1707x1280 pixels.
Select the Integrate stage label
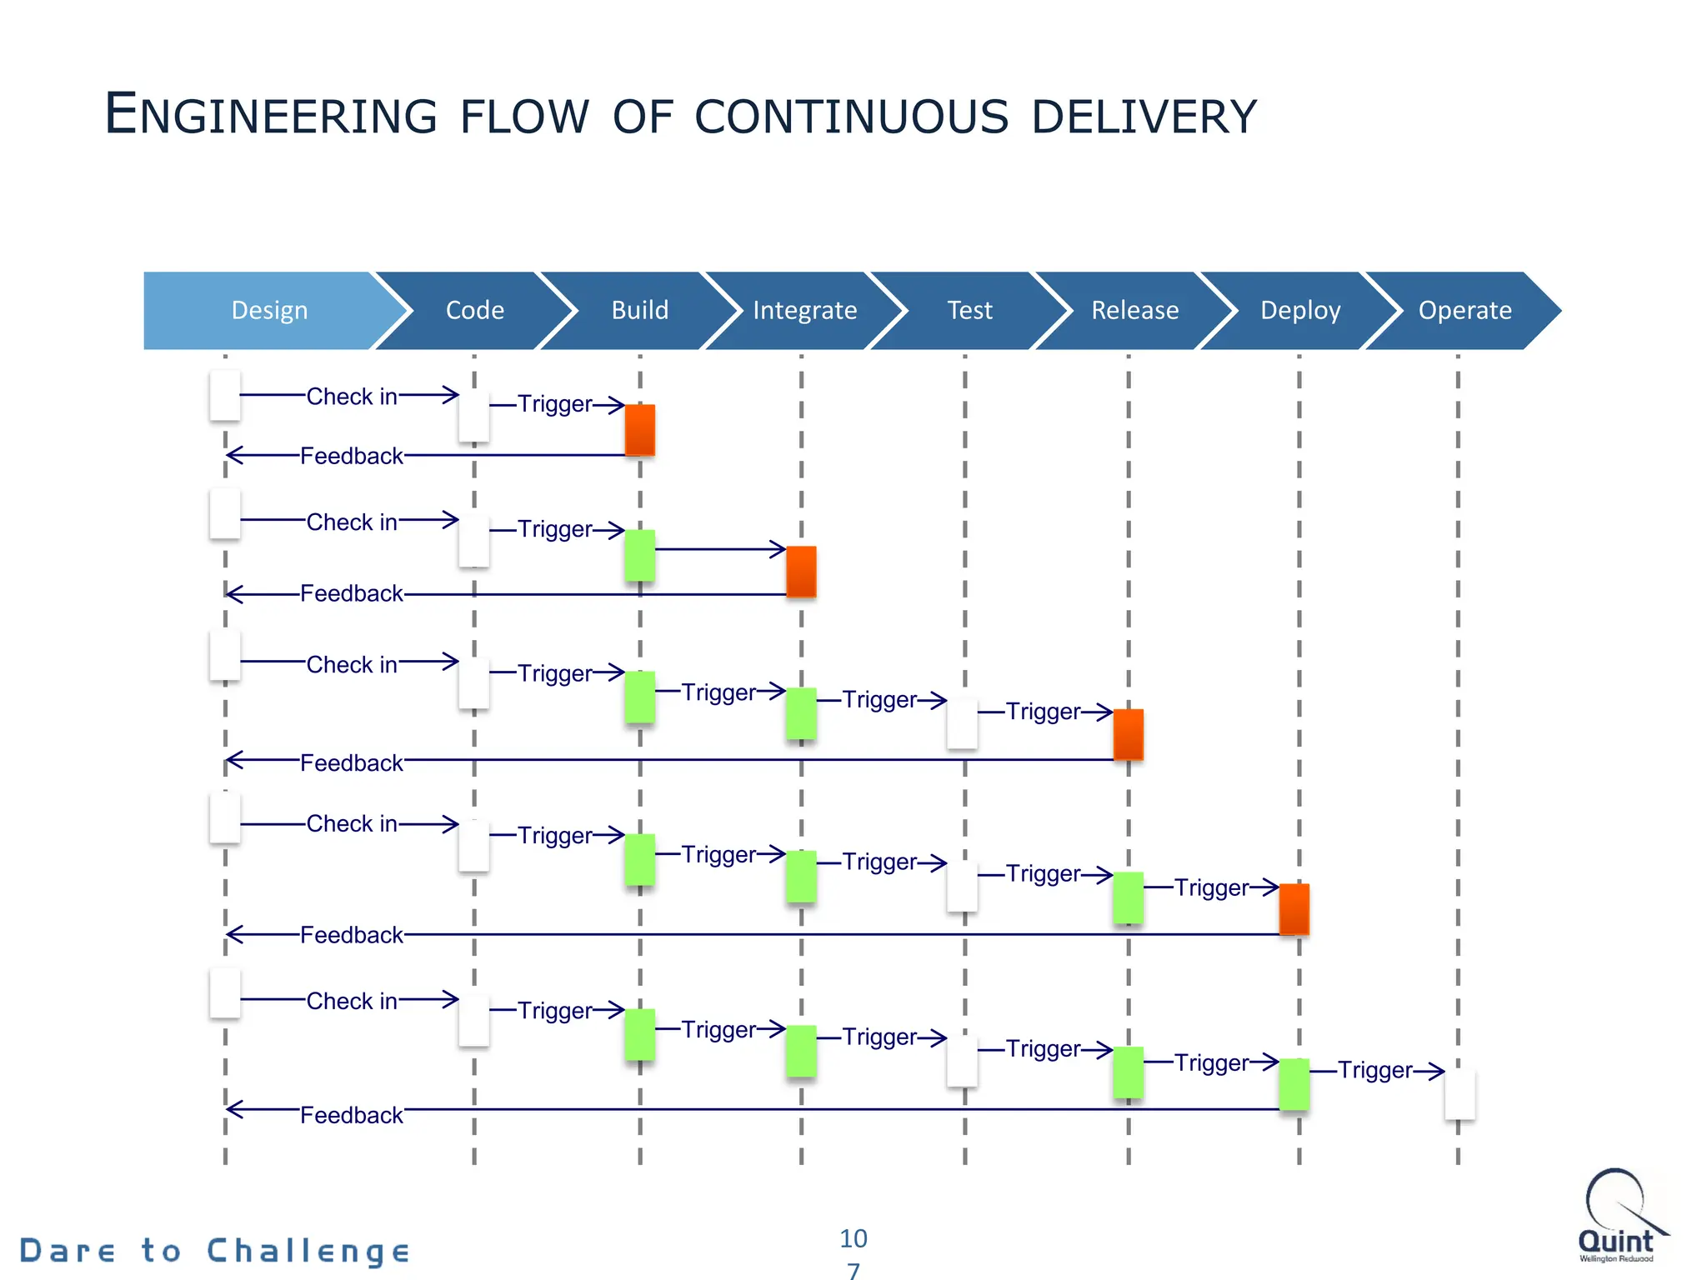804,310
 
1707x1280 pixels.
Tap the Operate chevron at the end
1464,310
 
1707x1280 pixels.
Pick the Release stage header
1134,310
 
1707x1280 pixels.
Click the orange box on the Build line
639,430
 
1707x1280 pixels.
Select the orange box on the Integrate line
801,572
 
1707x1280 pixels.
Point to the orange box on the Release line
1128,734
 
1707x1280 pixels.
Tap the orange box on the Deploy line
1294,909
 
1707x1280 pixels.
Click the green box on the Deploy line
1294,1084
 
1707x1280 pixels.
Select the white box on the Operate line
1459,1094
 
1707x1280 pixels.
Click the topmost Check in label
352,397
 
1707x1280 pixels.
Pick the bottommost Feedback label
351,1115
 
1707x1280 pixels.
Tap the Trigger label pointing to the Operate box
1375,1070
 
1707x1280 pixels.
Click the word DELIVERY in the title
1143,117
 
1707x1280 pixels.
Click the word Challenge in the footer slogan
308,1251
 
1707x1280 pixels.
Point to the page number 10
853,1238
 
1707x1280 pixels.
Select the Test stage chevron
969,310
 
